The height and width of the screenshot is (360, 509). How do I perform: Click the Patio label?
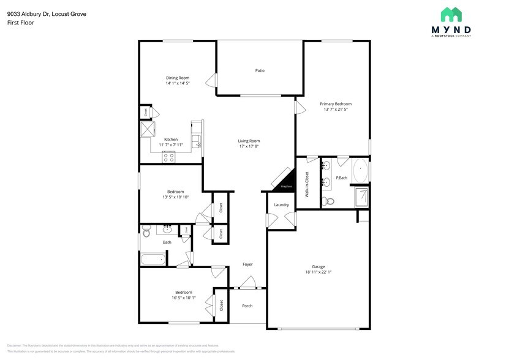(x=260, y=70)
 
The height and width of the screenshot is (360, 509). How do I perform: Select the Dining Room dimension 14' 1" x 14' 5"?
(x=177, y=83)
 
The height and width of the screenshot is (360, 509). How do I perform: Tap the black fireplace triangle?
(x=284, y=180)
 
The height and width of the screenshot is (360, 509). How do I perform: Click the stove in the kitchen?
(x=168, y=157)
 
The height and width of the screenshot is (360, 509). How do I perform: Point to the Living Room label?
(x=249, y=141)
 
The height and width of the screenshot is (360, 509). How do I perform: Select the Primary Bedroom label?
(x=336, y=104)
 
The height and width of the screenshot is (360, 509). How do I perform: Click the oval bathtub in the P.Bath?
(x=361, y=171)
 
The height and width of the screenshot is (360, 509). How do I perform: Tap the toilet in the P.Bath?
(x=330, y=201)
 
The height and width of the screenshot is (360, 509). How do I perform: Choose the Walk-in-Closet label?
(x=307, y=184)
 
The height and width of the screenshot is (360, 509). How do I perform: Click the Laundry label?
(x=281, y=204)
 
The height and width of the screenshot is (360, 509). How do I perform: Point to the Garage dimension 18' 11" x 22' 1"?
(x=318, y=272)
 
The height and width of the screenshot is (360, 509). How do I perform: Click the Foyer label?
(x=247, y=264)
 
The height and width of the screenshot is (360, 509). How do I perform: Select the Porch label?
(x=247, y=306)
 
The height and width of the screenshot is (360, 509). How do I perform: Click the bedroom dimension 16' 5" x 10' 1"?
(x=184, y=298)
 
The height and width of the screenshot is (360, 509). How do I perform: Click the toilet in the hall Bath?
(x=146, y=231)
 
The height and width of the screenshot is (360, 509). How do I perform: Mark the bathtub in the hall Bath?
(x=153, y=259)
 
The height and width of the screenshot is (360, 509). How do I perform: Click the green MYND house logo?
(x=451, y=15)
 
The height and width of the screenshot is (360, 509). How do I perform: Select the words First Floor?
(x=20, y=23)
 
